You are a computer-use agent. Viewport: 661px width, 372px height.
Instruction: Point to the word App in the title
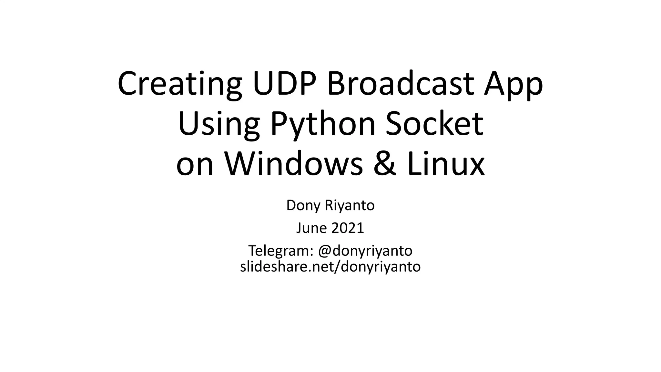click(x=513, y=85)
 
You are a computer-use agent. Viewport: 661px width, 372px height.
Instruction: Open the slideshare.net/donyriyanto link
click(x=330, y=267)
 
